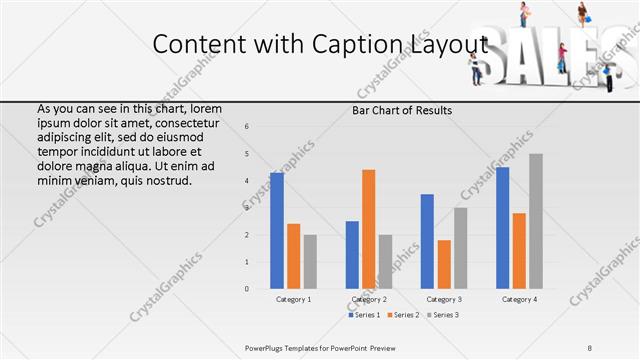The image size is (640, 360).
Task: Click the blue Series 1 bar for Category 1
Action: point(277,231)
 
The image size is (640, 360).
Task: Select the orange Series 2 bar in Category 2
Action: point(368,229)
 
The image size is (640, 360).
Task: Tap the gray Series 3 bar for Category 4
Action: point(536,221)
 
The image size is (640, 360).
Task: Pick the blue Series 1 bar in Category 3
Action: point(427,241)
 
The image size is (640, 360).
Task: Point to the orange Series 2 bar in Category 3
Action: point(444,264)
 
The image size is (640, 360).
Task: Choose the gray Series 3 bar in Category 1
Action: point(310,262)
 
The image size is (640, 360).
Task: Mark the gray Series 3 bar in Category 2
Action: point(386,262)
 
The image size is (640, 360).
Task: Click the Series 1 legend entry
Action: point(364,316)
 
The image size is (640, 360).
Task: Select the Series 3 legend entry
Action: point(442,316)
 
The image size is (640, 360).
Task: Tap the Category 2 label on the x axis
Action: point(370,299)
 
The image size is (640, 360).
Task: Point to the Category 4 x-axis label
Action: point(519,299)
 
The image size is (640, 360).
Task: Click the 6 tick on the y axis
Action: point(247,126)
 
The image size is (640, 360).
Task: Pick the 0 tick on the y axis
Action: point(247,289)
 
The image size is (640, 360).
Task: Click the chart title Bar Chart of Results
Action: point(402,110)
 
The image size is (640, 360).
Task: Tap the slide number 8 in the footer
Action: point(590,347)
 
